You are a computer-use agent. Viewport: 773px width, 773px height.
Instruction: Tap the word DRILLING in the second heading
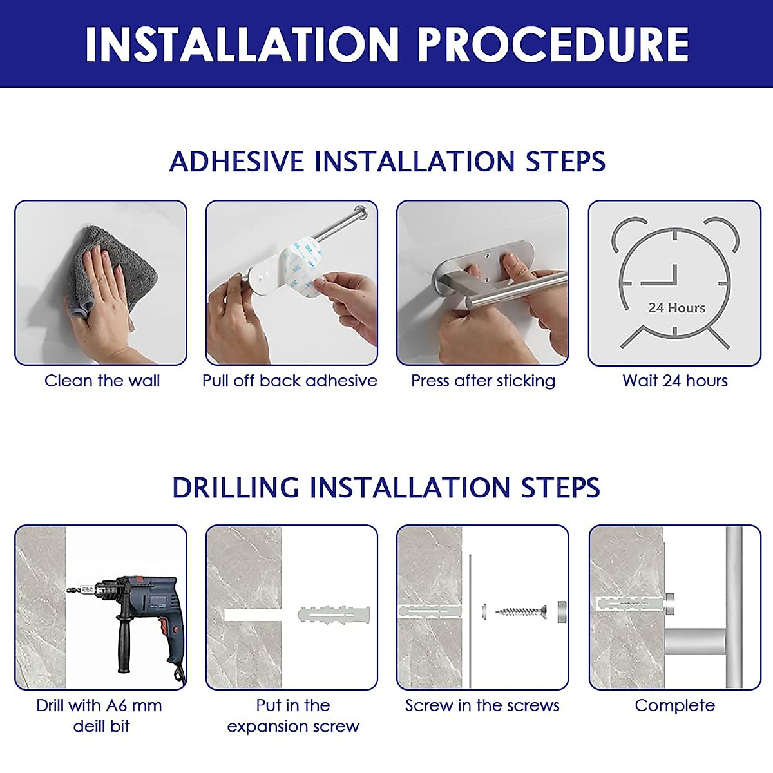(x=236, y=488)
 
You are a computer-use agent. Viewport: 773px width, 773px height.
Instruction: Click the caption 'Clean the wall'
(x=102, y=380)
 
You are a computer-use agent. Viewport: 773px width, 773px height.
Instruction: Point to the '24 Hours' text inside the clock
(x=677, y=308)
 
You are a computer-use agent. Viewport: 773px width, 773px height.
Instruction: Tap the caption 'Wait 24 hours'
(x=674, y=380)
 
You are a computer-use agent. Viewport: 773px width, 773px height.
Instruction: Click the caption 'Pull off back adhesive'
(x=290, y=380)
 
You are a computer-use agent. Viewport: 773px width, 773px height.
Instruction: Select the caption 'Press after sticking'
(x=483, y=381)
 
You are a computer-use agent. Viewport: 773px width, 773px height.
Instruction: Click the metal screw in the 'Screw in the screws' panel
(x=520, y=612)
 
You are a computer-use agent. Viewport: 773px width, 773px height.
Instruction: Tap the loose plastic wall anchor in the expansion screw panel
(x=334, y=615)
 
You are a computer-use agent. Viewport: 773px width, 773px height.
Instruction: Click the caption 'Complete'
(x=674, y=705)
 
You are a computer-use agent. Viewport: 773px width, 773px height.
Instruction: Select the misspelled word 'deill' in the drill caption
(x=87, y=726)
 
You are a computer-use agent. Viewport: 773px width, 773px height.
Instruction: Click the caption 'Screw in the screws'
(x=482, y=705)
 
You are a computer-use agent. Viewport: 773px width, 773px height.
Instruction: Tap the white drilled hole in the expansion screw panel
(x=253, y=615)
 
